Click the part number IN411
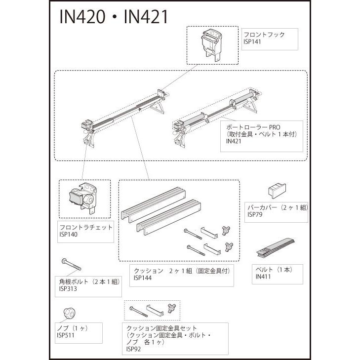[x=264, y=277]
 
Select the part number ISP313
[x=68, y=288]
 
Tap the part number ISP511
[x=66, y=334]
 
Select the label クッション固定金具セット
[x=161, y=328]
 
